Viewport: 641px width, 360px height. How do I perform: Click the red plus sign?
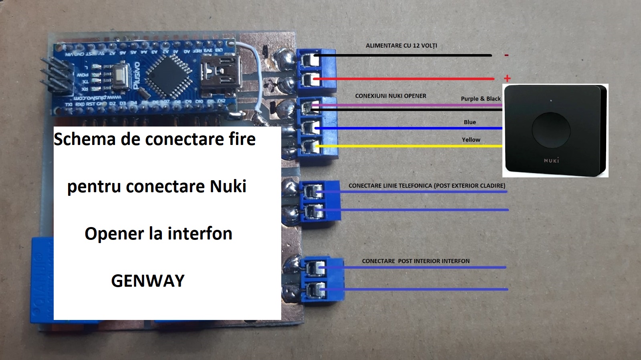tap(507, 78)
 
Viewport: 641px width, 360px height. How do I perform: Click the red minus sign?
tap(506, 55)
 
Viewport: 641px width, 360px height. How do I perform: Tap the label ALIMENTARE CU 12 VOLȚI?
tap(401, 46)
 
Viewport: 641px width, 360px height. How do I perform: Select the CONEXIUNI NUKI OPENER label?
tap(391, 96)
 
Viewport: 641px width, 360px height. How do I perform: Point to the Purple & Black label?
tap(480, 99)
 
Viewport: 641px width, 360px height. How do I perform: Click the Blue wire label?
tap(470, 122)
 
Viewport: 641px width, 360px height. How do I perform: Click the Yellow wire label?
tap(471, 140)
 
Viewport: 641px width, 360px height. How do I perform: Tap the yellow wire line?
tap(409, 146)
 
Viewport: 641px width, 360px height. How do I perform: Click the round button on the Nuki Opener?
tap(551, 129)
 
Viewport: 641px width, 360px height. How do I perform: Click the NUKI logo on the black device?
tap(551, 161)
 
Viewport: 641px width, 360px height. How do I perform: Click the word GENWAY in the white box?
tap(148, 281)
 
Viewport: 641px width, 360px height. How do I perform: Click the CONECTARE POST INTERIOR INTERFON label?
tap(415, 261)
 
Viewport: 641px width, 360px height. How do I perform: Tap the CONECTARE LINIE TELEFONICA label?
tap(427, 186)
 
